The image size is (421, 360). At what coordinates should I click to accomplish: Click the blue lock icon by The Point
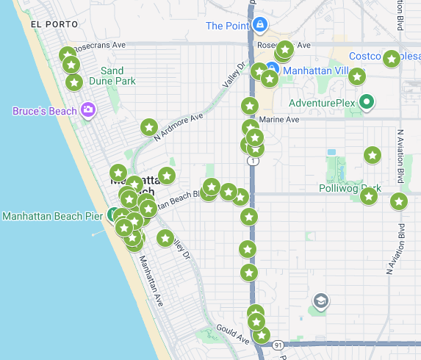[259, 26]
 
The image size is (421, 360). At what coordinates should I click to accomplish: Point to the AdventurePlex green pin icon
[366, 102]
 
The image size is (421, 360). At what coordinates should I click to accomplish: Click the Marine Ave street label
[280, 119]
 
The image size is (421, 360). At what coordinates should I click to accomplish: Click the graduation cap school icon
[320, 300]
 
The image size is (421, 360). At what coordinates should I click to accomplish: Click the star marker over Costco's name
[392, 58]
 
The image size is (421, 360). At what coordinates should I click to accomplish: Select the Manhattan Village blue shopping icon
[271, 71]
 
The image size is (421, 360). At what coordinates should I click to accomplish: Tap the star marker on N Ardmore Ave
[149, 128]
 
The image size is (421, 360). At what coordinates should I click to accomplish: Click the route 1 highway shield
[253, 160]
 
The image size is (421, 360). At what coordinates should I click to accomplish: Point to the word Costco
[365, 57]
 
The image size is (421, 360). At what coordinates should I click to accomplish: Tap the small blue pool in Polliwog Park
[331, 152]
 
